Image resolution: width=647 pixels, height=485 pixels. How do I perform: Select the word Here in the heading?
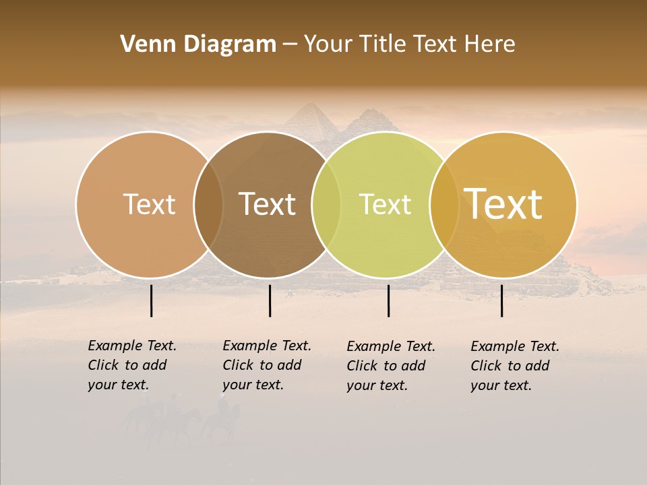click(x=491, y=44)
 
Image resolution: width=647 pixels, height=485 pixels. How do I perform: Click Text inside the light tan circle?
click(x=149, y=204)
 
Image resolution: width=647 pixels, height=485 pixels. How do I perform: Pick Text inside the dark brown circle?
click(x=268, y=204)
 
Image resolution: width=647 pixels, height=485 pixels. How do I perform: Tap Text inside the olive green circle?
click(x=385, y=204)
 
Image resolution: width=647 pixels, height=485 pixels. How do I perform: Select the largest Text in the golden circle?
click(x=503, y=204)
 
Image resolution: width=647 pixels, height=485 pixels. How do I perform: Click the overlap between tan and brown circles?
click(x=208, y=205)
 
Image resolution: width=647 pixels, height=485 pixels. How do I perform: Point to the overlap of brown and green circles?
click(x=326, y=205)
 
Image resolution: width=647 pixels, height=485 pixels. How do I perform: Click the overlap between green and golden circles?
click(x=444, y=205)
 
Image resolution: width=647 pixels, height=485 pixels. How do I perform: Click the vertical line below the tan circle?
click(x=151, y=300)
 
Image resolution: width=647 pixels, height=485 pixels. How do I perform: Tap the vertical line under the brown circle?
click(x=270, y=300)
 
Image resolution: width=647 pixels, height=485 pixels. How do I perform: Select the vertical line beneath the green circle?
click(x=388, y=300)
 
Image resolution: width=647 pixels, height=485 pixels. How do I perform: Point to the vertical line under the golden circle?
click(x=501, y=300)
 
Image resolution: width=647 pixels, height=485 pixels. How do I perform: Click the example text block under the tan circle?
click(x=131, y=365)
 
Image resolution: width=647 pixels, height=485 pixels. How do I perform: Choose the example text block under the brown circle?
click(x=266, y=365)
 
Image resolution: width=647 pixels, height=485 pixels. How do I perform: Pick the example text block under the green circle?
click(x=390, y=366)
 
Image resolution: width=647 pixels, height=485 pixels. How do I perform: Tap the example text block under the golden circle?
click(x=514, y=366)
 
